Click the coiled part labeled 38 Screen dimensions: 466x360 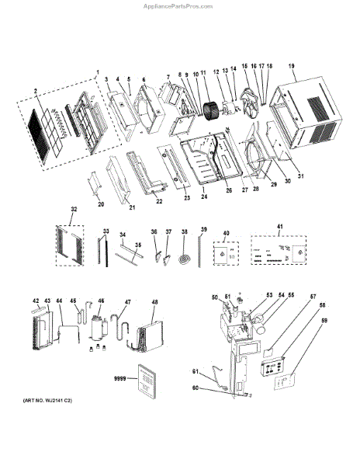pyautogui.click(x=184, y=257)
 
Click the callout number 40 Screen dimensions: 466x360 pyautogui.click(x=226, y=233)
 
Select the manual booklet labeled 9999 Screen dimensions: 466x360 pyautogui.click(x=144, y=381)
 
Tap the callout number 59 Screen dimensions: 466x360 pyautogui.click(x=325, y=320)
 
